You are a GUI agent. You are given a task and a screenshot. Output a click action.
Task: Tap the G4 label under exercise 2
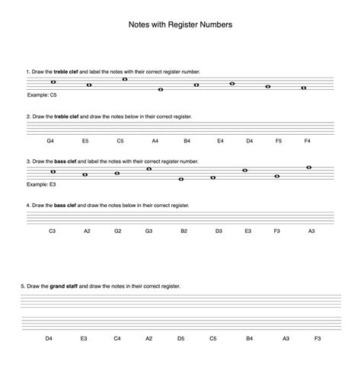tap(50, 141)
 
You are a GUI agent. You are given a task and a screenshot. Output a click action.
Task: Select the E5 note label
tap(85, 141)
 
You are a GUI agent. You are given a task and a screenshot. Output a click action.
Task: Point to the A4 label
tap(155, 141)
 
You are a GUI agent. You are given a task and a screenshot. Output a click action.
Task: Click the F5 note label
tap(279, 141)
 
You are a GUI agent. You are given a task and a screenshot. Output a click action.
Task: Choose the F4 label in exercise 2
tap(307, 141)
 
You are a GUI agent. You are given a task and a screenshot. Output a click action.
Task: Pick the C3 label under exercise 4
tap(53, 230)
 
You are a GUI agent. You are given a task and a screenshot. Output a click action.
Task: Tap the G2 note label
tap(118, 230)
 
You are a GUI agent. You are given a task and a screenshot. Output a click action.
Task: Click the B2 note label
tap(184, 230)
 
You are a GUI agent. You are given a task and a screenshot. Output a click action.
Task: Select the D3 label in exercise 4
tap(218, 230)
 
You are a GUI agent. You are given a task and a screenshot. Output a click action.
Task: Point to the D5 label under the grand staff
tap(180, 337)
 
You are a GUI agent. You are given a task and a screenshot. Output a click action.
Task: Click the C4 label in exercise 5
tap(117, 337)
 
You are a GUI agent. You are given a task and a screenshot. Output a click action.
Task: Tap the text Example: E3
tap(41, 184)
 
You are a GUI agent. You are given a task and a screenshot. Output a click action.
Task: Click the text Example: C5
tap(42, 95)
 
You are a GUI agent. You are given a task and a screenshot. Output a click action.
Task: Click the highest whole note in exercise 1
tap(125, 78)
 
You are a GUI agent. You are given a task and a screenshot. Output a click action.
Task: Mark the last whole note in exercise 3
tap(308, 167)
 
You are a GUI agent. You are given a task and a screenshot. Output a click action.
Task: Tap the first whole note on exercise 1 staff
tap(53, 82)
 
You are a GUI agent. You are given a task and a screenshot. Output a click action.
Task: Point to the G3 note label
tap(149, 230)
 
